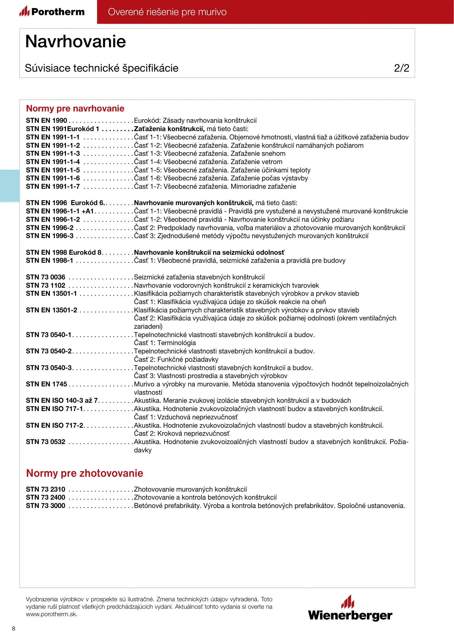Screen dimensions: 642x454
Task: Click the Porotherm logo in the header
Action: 52,12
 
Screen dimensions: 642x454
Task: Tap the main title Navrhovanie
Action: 76,41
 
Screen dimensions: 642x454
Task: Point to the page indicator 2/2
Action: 401,68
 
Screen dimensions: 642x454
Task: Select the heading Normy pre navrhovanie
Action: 75,108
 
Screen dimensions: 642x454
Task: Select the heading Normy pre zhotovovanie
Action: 85,473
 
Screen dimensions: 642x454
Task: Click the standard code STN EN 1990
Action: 46,121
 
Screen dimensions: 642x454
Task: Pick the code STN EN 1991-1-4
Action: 53,162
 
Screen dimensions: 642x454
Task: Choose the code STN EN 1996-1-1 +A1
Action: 60,211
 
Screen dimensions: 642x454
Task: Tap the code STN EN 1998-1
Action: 49,261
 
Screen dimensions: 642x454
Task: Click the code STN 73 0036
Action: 45,277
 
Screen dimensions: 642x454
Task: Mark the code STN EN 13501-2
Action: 51,310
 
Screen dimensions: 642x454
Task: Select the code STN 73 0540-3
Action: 49,368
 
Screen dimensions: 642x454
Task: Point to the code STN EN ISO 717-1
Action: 54,409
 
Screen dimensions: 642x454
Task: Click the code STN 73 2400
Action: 45,498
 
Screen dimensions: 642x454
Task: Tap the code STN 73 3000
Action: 45,506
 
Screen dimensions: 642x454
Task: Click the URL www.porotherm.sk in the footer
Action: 51,614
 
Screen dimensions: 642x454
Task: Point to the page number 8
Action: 14,628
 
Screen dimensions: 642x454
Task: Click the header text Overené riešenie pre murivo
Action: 167,12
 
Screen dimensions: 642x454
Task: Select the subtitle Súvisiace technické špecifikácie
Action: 102,68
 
